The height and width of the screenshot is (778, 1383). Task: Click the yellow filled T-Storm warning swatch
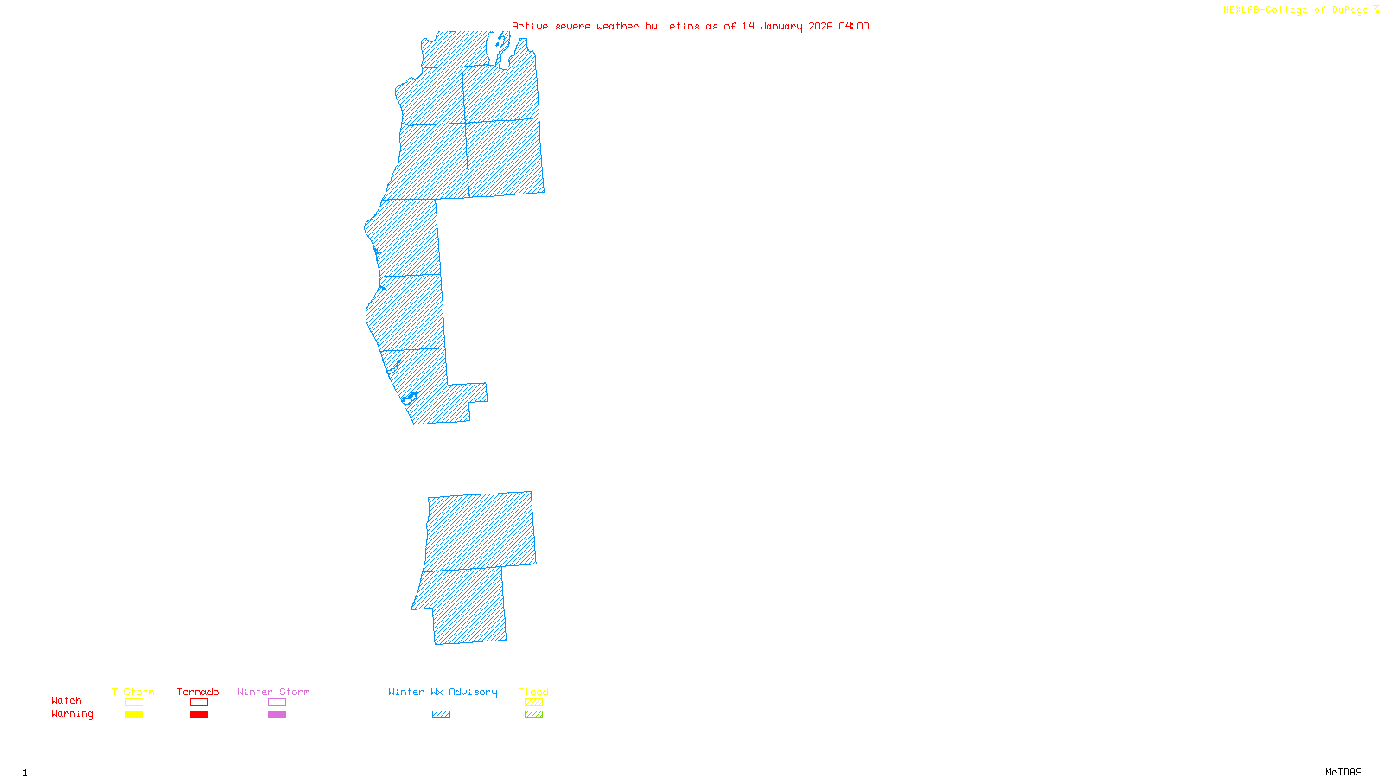pyautogui.click(x=134, y=715)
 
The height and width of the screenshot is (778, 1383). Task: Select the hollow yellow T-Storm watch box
pyautogui.click(x=134, y=703)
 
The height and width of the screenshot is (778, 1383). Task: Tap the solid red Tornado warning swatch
pyautogui.click(x=199, y=715)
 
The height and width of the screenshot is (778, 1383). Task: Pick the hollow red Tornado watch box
pyautogui.click(x=199, y=703)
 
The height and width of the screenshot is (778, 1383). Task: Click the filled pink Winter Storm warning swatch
pyautogui.click(x=277, y=715)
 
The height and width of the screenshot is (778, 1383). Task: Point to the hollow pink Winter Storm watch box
pyautogui.click(x=277, y=703)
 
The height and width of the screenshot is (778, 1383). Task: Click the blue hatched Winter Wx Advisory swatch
pyautogui.click(x=441, y=715)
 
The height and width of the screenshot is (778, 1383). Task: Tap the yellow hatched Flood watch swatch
pyautogui.click(x=533, y=703)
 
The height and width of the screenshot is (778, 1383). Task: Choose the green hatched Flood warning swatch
pyautogui.click(x=533, y=715)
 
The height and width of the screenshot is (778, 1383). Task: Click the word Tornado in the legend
pyautogui.click(x=198, y=692)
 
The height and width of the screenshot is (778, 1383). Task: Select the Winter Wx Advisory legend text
pyautogui.click(x=443, y=692)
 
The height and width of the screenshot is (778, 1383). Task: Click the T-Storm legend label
pyautogui.click(x=133, y=692)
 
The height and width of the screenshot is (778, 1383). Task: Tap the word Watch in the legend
pyautogui.click(x=67, y=701)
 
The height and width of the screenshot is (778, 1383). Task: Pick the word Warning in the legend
pyautogui.click(x=73, y=714)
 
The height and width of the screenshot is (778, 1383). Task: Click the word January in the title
pyautogui.click(x=781, y=27)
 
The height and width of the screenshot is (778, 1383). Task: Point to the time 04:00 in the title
pyautogui.click(x=854, y=27)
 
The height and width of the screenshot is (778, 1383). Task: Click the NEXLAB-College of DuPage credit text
pyautogui.click(x=1296, y=10)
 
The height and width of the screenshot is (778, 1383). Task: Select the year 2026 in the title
pyautogui.click(x=821, y=27)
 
